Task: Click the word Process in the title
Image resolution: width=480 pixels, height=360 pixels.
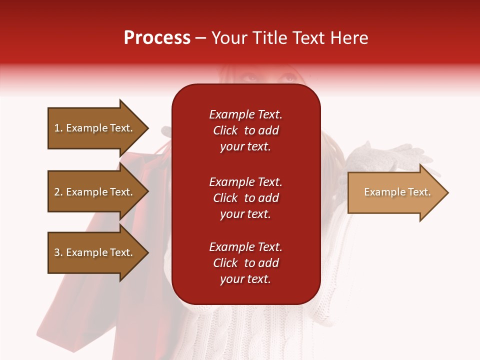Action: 157,38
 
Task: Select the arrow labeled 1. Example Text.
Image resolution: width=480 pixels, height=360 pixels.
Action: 95,128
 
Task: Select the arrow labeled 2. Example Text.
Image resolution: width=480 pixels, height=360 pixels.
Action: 95,192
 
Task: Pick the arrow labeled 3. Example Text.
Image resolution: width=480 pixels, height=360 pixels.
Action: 95,252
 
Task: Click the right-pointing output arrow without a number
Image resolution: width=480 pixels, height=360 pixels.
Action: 395,192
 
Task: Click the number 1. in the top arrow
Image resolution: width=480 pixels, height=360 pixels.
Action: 58,128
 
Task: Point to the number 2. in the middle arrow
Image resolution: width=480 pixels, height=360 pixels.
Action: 58,192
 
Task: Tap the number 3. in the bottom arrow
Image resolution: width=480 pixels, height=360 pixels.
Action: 58,252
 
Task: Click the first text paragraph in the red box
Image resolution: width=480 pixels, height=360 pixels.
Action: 245,130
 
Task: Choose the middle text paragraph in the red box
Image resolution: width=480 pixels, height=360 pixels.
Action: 245,198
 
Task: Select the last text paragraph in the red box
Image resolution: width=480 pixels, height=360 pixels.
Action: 245,263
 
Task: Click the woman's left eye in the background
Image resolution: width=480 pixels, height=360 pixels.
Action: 288,78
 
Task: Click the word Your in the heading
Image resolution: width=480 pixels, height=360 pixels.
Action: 229,38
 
